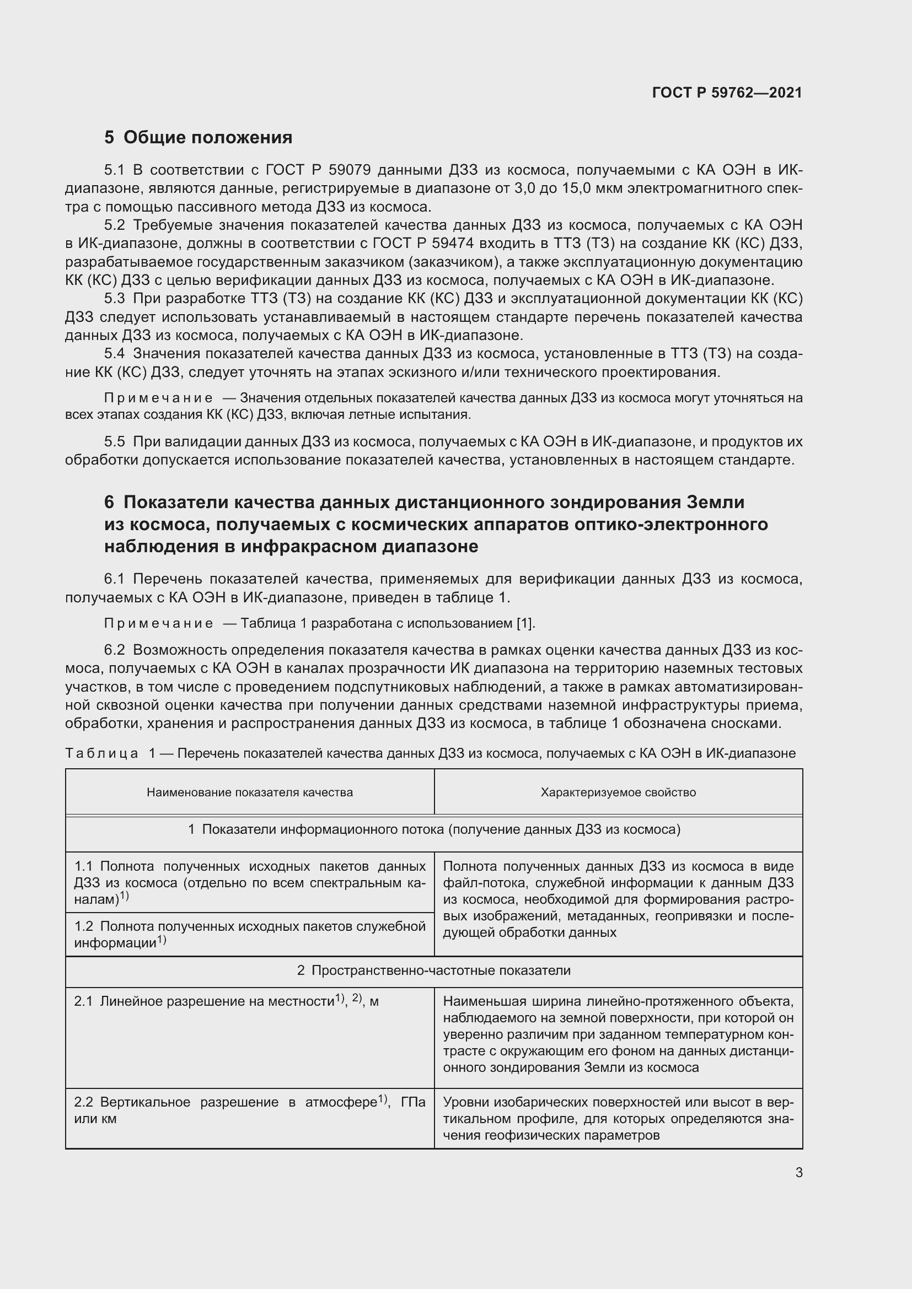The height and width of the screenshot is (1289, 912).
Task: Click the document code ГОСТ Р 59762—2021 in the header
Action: tap(727, 93)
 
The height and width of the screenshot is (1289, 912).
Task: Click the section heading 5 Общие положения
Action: tap(199, 137)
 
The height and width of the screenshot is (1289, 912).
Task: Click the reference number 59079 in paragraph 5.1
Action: tap(353, 170)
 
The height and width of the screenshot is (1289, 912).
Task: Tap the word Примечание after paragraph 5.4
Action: tap(158, 398)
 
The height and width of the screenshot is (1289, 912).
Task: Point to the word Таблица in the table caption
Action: tap(101, 753)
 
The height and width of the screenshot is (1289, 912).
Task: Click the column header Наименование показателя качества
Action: tap(250, 792)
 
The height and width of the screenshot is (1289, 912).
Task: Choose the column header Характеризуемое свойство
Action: tap(618, 792)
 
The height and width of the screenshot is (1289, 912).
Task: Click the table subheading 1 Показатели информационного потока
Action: tap(433, 830)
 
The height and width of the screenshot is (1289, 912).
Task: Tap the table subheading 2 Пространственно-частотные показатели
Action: tap(433, 970)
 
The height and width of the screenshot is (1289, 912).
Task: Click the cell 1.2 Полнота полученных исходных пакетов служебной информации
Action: tap(249, 934)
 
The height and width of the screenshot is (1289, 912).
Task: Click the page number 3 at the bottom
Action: tap(798, 1172)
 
